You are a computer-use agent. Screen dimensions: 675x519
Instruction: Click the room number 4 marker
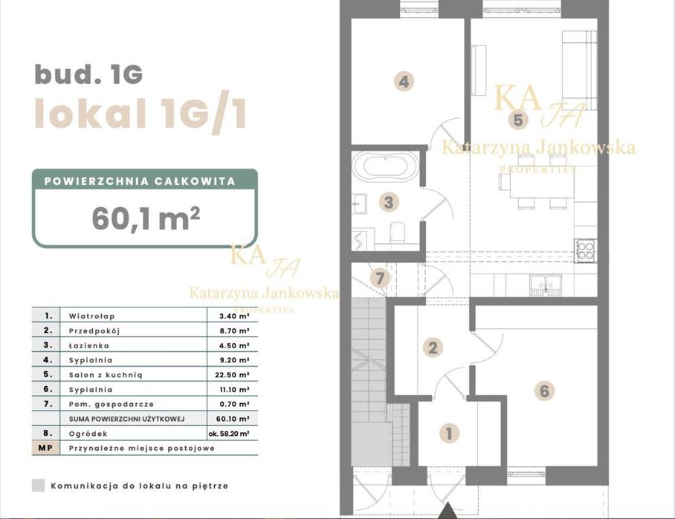pos(404,81)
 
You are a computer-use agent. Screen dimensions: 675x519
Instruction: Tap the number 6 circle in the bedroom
pos(544,391)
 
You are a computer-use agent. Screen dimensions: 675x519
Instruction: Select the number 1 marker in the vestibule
pos(449,433)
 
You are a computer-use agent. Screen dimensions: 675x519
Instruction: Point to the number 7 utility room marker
pos(379,278)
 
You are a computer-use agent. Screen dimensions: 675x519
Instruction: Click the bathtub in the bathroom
pos(385,166)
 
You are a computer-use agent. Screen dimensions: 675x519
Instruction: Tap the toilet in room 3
pos(397,232)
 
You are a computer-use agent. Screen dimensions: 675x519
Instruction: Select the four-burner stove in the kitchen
pos(586,251)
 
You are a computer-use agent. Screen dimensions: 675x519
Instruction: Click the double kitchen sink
pos(546,285)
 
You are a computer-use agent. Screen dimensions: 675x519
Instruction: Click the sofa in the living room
pos(579,70)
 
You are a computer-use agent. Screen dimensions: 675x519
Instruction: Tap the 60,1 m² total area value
pos(146,218)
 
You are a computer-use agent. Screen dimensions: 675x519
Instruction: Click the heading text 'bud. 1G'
pos(88,74)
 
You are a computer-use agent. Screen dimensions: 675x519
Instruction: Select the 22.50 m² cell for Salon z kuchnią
pos(232,375)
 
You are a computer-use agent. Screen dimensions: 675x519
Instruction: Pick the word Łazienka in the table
pos(88,346)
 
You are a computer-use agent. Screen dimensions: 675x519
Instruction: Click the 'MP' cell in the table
pos(45,448)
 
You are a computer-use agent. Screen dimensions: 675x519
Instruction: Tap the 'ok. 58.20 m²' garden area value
pos(229,434)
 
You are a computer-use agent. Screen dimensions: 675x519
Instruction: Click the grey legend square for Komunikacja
pos(39,486)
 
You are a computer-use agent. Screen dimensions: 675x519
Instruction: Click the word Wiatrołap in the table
pos(91,316)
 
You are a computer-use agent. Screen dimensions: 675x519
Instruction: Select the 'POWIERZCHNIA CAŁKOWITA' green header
pos(140,181)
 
